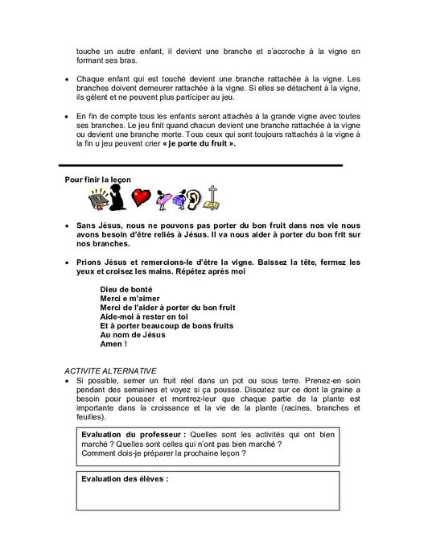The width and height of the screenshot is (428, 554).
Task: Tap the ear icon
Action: point(194,198)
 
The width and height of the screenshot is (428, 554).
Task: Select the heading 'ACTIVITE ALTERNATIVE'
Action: point(111,369)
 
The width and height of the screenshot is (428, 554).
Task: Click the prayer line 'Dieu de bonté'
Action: point(126,288)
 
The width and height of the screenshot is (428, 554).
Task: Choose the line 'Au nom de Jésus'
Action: point(131,333)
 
